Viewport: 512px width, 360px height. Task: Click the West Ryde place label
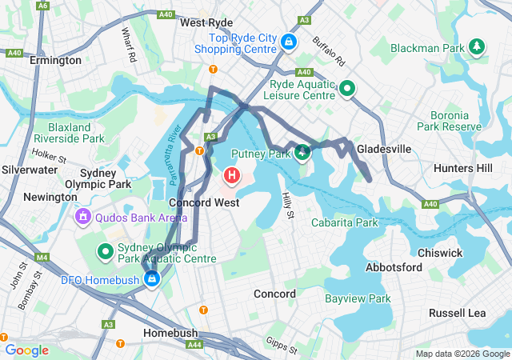click(x=206, y=22)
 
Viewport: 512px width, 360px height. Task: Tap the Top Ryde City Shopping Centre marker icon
click(x=288, y=41)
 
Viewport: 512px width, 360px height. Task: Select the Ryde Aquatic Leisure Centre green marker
click(x=346, y=88)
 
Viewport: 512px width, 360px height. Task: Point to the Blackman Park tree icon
click(x=478, y=46)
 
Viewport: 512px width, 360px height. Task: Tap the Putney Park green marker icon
click(x=302, y=152)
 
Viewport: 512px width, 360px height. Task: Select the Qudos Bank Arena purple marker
click(x=82, y=216)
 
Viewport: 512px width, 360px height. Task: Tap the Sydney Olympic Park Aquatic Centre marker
click(x=105, y=253)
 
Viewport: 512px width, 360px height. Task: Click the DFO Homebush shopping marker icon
click(x=151, y=278)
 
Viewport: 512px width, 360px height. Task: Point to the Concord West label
click(x=204, y=202)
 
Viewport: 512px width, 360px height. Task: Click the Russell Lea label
click(x=457, y=313)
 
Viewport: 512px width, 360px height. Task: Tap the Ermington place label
click(x=55, y=60)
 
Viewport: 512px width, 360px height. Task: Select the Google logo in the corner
click(x=26, y=350)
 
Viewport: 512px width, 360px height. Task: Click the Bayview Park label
click(x=358, y=298)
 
